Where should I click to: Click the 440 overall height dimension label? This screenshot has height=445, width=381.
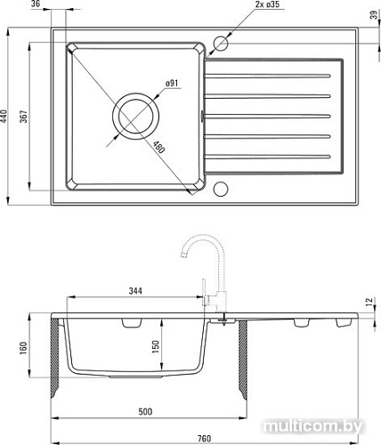[4, 117]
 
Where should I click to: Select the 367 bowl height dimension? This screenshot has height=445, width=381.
[23, 117]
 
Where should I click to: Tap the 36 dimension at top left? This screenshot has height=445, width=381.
[36, 4]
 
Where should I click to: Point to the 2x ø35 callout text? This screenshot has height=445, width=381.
[267, 4]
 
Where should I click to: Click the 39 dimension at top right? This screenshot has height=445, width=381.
[376, 14]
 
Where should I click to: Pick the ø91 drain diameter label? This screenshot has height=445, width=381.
[172, 84]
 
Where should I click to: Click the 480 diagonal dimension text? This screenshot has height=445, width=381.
[158, 147]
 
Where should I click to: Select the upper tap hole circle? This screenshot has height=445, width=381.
[221, 44]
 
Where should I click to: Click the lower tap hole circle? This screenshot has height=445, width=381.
[221, 189]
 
